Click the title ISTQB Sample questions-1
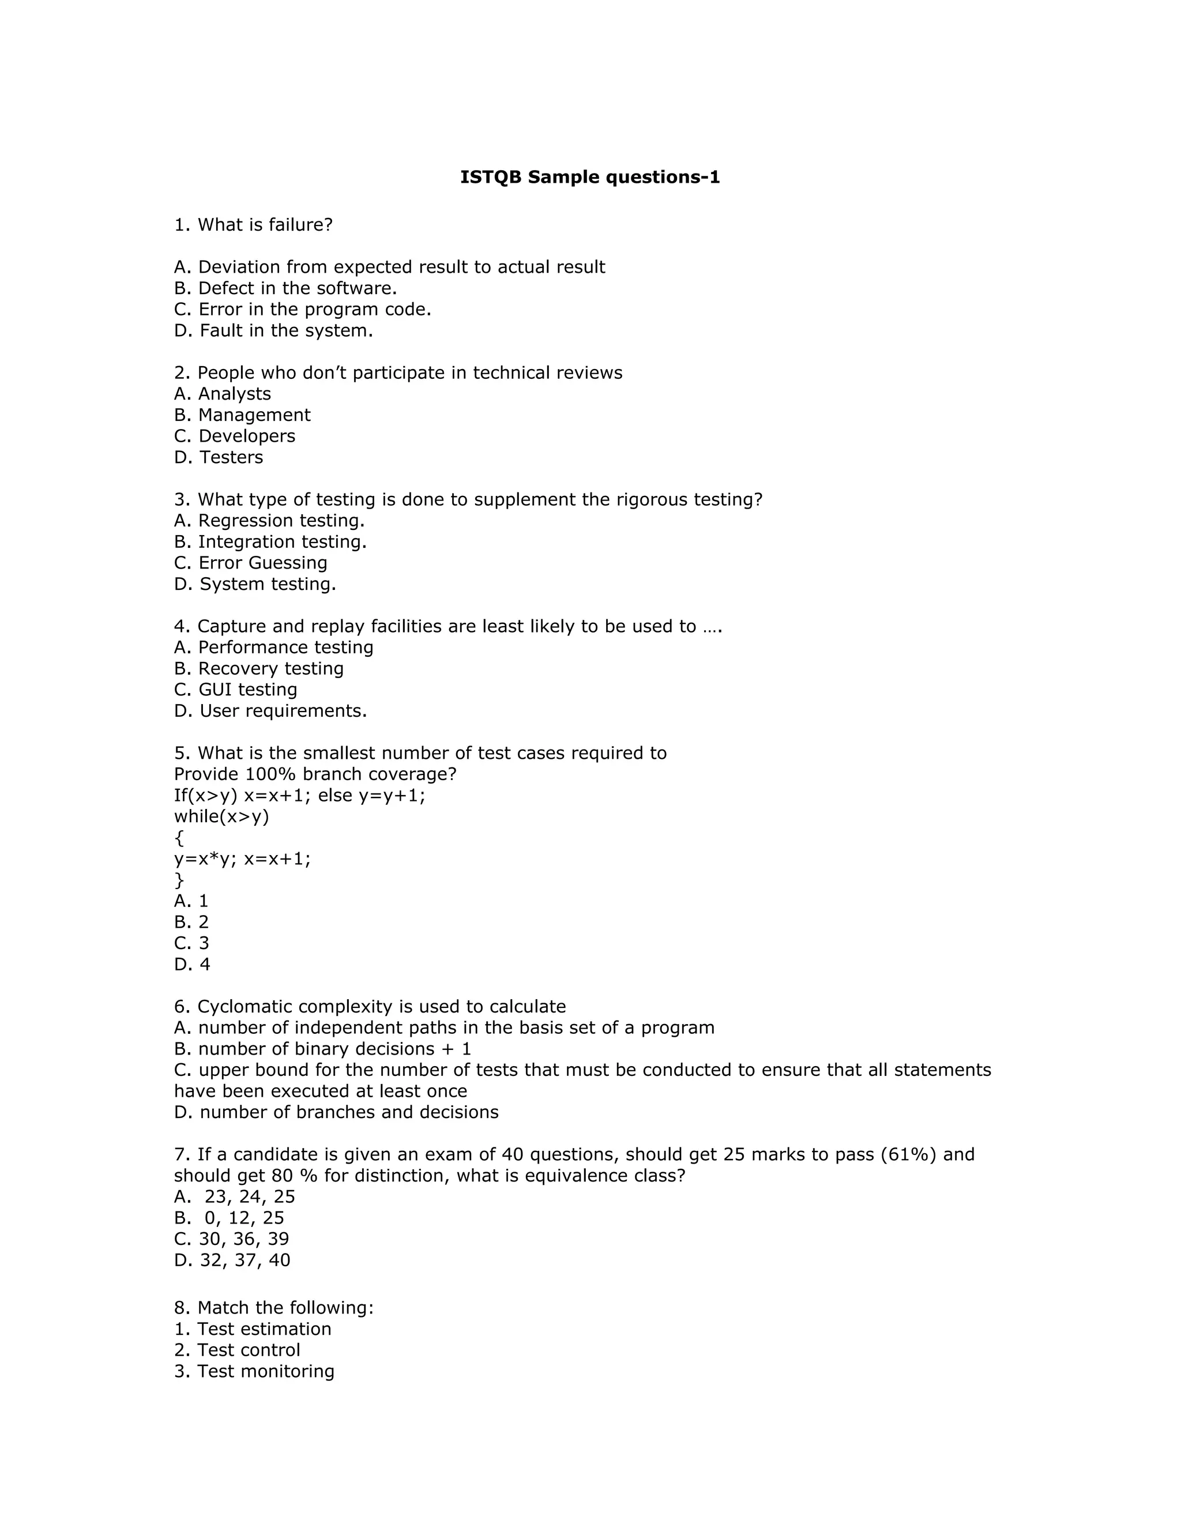[590, 178]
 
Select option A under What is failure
[390, 268]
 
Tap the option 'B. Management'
[242, 416]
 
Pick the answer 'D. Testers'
[219, 458]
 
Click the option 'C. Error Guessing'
[250, 563]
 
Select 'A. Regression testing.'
[269, 521]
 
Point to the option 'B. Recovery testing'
[259, 669]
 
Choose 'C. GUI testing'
[236, 690]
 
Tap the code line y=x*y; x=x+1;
[242, 859]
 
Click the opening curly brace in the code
[179, 838]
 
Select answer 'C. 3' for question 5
[191, 944]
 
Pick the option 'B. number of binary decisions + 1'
[322, 1049]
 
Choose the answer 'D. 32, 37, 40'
[232, 1260]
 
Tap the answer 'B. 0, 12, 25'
[230, 1218]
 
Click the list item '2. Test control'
[237, 1350]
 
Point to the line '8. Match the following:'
[273, 1308]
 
